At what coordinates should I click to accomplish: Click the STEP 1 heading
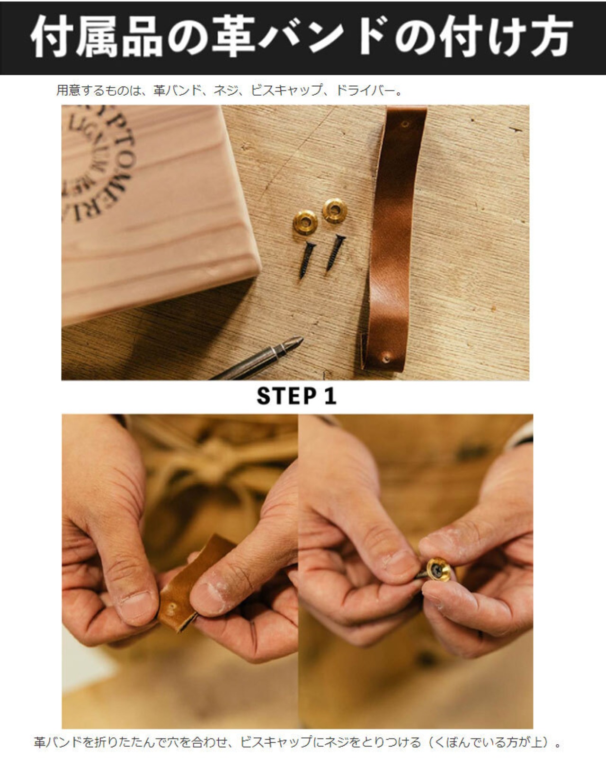tap(296, 396)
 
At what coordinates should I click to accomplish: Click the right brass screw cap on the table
tap(334, 210)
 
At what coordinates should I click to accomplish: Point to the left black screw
tap(307, 260)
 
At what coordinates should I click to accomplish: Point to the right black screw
tap(336, 252)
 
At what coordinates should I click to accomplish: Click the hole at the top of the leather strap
tap(406, 125)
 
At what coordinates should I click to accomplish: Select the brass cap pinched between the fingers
tap(438, 569)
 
